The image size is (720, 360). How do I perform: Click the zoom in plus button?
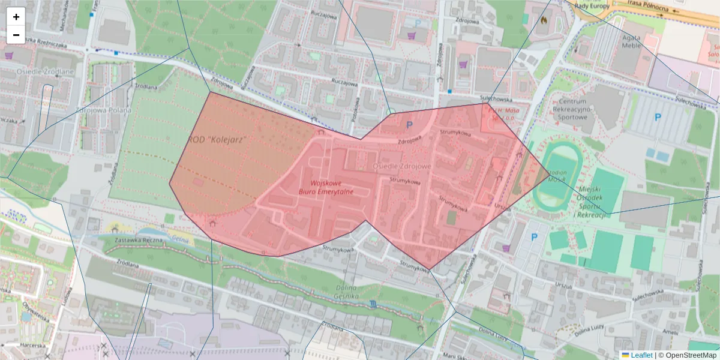16,17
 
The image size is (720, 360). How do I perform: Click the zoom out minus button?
16,35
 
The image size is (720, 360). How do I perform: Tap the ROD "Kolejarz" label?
218,139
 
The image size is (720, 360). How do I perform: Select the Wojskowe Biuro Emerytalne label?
326,187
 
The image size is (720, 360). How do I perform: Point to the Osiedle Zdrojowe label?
401,166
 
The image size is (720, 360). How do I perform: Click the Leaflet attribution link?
641,355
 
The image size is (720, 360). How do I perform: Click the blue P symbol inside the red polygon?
410,125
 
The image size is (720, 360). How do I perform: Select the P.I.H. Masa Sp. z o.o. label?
503,114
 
